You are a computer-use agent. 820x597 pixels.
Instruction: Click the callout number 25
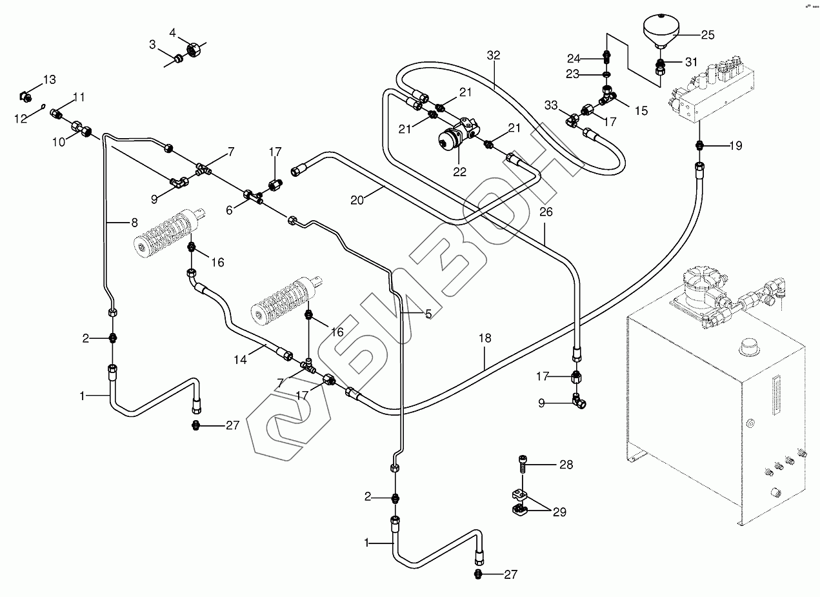pos(708,35)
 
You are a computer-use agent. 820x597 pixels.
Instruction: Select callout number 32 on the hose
pos(494,56)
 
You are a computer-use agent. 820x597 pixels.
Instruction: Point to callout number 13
pos(50,80)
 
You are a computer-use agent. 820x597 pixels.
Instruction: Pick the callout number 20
pos(357,200)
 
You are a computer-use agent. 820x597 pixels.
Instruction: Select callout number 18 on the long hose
pos(485,338)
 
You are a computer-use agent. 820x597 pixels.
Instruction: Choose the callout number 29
pos(559,512)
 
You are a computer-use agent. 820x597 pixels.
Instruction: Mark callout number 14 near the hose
pos(241,359)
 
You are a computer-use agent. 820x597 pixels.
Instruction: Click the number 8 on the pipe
pos(134,223)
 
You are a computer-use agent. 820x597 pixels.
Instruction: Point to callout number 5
pos(428,313)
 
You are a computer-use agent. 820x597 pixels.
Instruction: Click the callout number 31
pos(691,62)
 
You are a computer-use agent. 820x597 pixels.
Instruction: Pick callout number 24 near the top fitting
pos(574,58)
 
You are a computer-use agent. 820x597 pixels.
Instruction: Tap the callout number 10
pos(59,141)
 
